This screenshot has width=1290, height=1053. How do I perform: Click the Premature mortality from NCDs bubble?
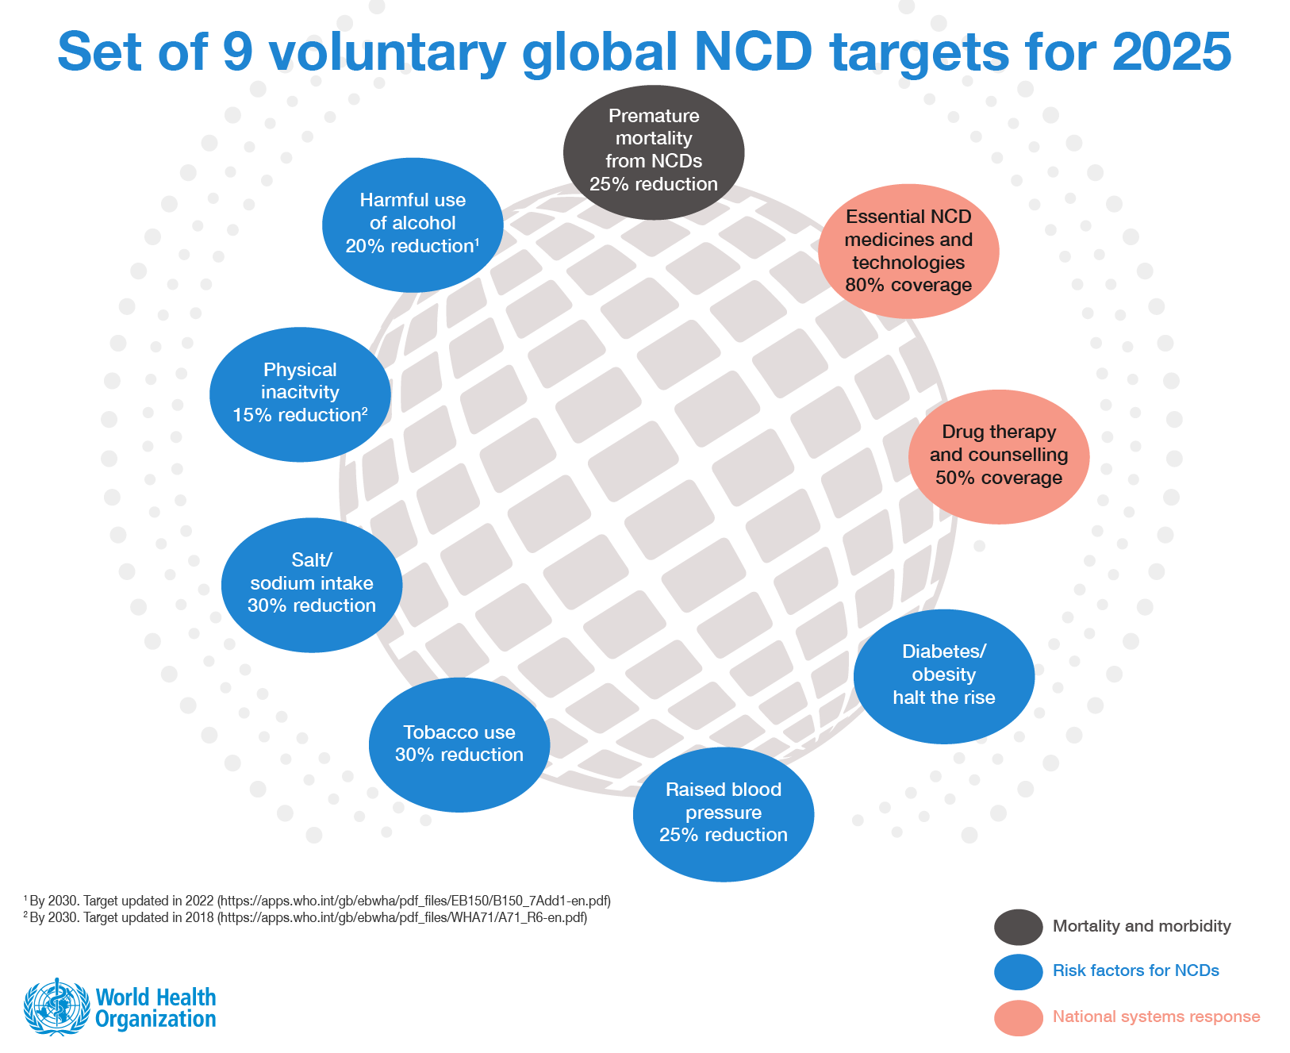tap(654, 152)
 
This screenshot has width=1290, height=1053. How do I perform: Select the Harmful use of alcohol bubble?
tap(413, 225)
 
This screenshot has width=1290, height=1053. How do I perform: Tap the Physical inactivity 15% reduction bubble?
tap(300, 394)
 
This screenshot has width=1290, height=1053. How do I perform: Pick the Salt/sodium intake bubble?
tap(312, 585)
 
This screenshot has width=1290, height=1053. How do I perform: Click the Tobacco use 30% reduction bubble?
tap(459, 744)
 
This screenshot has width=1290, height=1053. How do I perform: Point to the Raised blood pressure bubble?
tap(724, 813)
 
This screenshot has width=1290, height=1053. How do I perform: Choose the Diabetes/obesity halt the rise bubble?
tap(944, 676)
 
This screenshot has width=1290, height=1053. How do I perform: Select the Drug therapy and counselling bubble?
tap(999, 456)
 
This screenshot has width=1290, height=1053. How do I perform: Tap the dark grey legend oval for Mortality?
tap(1018, 927)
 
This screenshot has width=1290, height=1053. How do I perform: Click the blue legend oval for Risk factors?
tap(1018, 971)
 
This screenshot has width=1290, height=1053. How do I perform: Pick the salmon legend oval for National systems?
tap(1018, 1017)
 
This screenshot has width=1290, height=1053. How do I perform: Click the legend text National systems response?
tap(1156, 1016)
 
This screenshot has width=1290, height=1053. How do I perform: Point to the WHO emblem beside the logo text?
tap(56, 1006)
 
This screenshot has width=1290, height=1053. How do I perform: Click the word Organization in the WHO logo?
tap(155, 1020)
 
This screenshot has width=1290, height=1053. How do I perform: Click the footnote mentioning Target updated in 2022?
tap(317, 901)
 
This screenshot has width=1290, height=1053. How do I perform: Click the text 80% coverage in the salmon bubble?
tap(908, 285)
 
